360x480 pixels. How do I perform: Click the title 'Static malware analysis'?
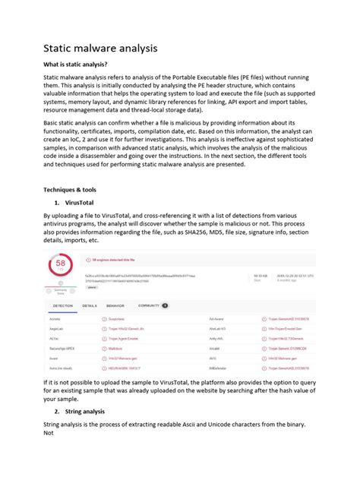[x=99, y=49]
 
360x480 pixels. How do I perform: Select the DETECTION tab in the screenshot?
[x=63, y=305]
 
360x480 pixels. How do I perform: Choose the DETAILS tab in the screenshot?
[x=90, y=305]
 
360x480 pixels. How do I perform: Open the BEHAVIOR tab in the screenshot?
[x=115, y=305]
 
